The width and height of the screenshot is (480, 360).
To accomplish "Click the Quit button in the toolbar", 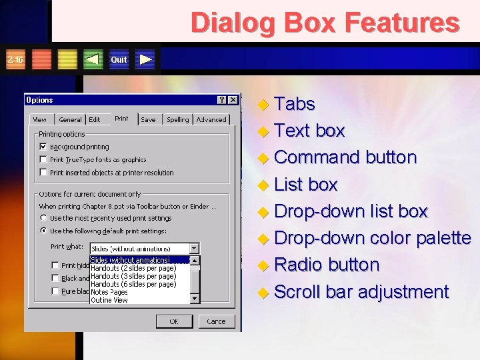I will point(119,59).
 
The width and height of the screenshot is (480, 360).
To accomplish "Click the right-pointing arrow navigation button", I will point(146,59).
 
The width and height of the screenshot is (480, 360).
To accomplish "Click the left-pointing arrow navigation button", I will point(93,59).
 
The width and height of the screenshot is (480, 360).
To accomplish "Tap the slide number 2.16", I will point(15,59).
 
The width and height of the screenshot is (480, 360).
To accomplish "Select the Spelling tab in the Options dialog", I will point(177,120).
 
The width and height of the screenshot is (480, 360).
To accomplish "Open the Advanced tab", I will point(211,120).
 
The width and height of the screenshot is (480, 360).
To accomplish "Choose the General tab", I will point(70,120).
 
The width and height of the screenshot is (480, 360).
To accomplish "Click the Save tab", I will point(148,120).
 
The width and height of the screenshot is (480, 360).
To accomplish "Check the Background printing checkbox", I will point(43,147).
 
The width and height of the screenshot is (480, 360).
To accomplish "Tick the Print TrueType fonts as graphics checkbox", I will point(43,160).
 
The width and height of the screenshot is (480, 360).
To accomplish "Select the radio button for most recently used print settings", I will point(43,218).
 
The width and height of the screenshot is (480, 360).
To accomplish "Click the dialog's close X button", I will point(233,100).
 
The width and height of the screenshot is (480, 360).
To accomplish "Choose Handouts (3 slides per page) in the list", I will point(133,276).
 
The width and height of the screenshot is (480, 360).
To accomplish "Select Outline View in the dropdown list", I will point(109,300).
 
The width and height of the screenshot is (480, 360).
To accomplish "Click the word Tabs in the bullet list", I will point(294,104).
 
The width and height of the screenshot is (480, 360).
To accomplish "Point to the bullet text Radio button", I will point(326,265).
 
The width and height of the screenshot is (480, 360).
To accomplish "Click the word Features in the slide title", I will point(406,23).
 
